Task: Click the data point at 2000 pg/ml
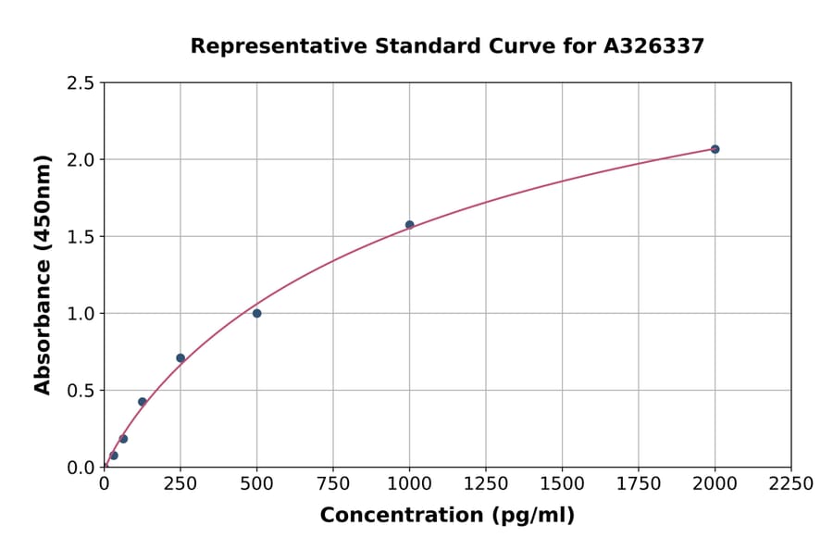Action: click(x=715, y=149)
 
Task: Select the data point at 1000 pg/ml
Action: click(x=409, y=225)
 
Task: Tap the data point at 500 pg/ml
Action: click(x=256, y=313)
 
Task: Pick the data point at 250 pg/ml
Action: click(x=180, y=357)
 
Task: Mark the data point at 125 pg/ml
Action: click(x=143, y=402)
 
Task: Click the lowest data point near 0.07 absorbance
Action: click(x=114, y=456)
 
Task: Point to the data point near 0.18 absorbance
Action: click(x=123, y=439)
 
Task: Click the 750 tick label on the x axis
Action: click(x=333, y=484)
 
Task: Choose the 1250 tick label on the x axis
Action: click(x=486, y=484)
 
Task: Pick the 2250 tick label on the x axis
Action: click(x=791, y=484)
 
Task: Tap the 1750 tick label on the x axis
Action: click(x=639, y=484)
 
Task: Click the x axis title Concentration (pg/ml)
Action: click(x=447, y=516)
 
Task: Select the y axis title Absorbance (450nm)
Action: click(x=43, y=275)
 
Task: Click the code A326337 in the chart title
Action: click(x=653, y=45)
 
